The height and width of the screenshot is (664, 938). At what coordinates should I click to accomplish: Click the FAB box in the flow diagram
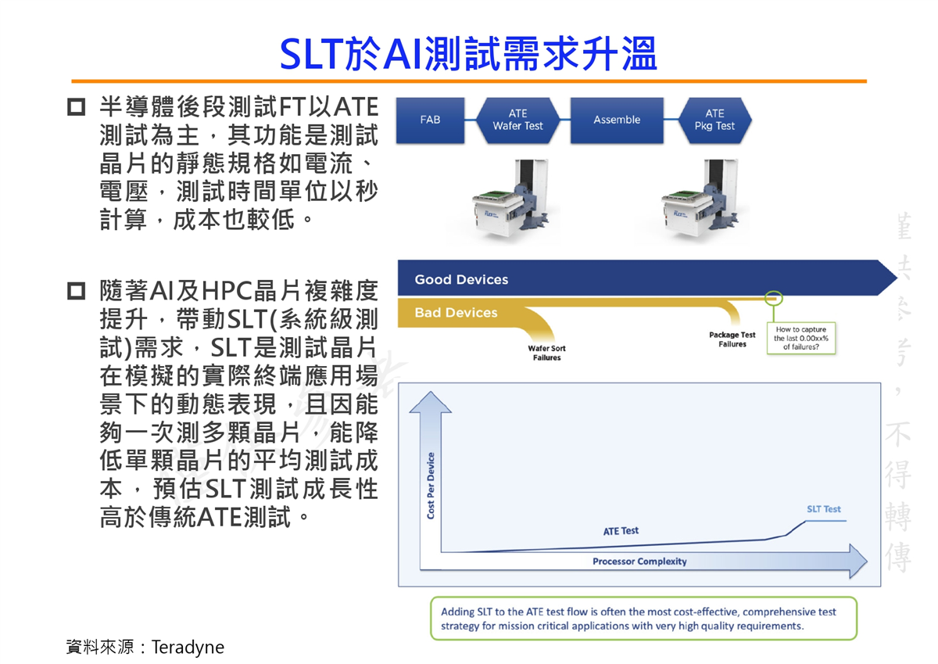click(x=430, y=120)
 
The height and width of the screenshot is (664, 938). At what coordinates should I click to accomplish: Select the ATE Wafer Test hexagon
click(x=517, y=120)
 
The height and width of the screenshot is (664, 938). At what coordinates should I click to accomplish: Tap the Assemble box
click(x=617, y=120)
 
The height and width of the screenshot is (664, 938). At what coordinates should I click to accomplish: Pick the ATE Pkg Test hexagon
click(x=714, y=120)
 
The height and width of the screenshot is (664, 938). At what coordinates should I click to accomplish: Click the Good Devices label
click(x=461, y=279)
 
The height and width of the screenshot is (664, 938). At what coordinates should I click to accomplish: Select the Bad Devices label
click(x=456, y=313)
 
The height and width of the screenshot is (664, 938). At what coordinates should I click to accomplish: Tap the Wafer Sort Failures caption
click(x=546, y=353)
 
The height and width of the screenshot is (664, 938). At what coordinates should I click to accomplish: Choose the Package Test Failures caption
click(x=732, y=339)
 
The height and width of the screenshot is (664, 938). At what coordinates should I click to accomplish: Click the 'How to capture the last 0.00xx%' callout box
click(x=800, y=338)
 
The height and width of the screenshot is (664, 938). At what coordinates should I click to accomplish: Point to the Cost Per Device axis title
click(x=431, y=486)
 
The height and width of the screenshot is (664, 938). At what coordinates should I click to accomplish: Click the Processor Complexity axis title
click(x=639, y=562)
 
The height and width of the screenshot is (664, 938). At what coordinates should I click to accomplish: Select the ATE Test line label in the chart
click(x=621, y=531)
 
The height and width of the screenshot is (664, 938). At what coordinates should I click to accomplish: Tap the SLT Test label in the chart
click(x=824, y=509)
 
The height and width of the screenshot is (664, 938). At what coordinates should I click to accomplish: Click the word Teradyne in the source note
click(x=188, y=648)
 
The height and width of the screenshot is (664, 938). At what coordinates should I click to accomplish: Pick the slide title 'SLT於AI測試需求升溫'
click(x=468, y=53)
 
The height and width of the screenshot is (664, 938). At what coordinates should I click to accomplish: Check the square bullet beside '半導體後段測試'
click(x=77, y=107)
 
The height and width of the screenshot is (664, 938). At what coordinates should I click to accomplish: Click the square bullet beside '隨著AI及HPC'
click(x=77, y=291)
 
